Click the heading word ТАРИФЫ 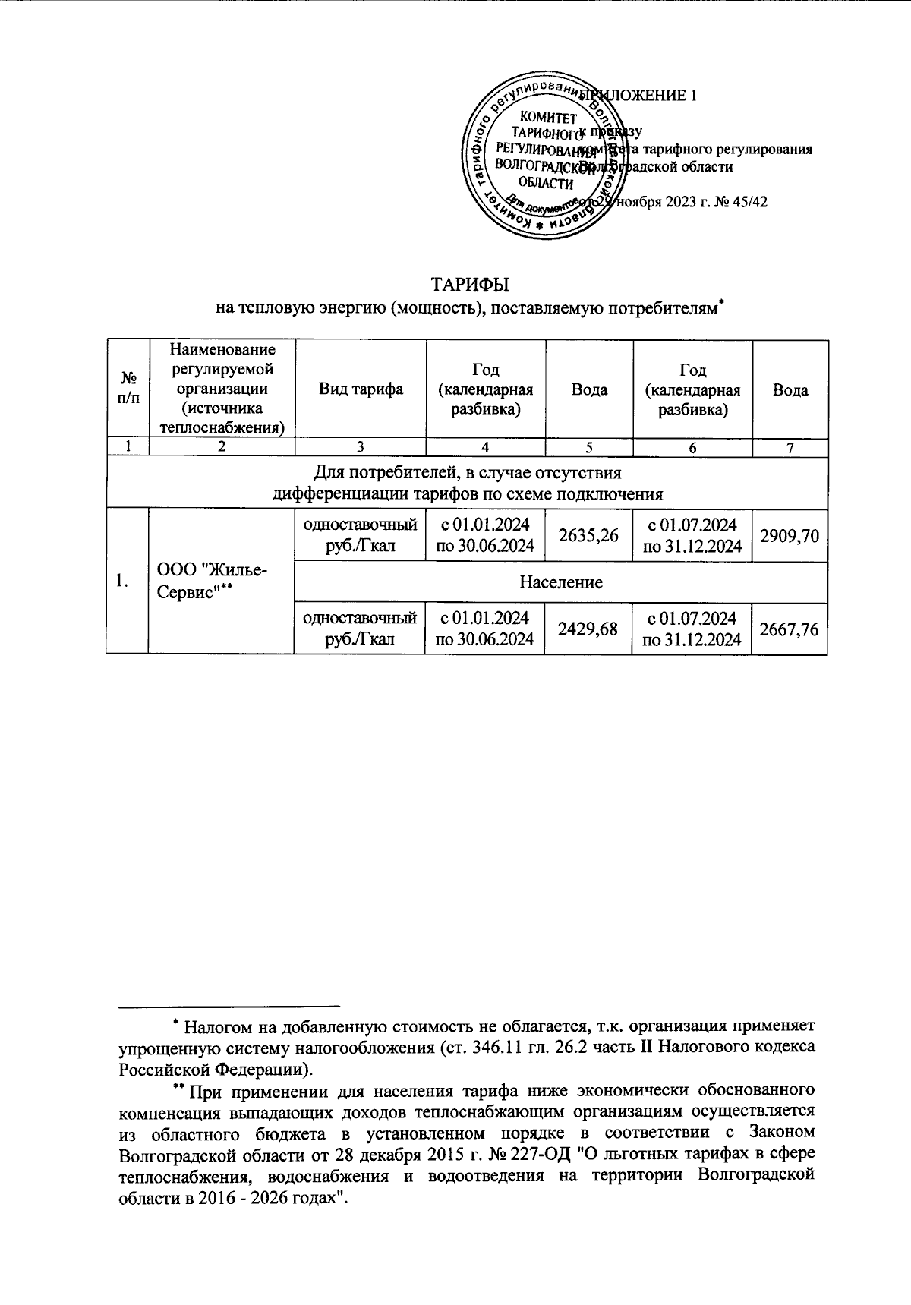469,285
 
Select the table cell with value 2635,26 588,535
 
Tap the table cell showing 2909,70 790,535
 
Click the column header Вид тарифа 360,389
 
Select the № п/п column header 127,389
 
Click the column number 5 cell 588,448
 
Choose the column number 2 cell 220,448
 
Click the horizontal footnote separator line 229,1007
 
